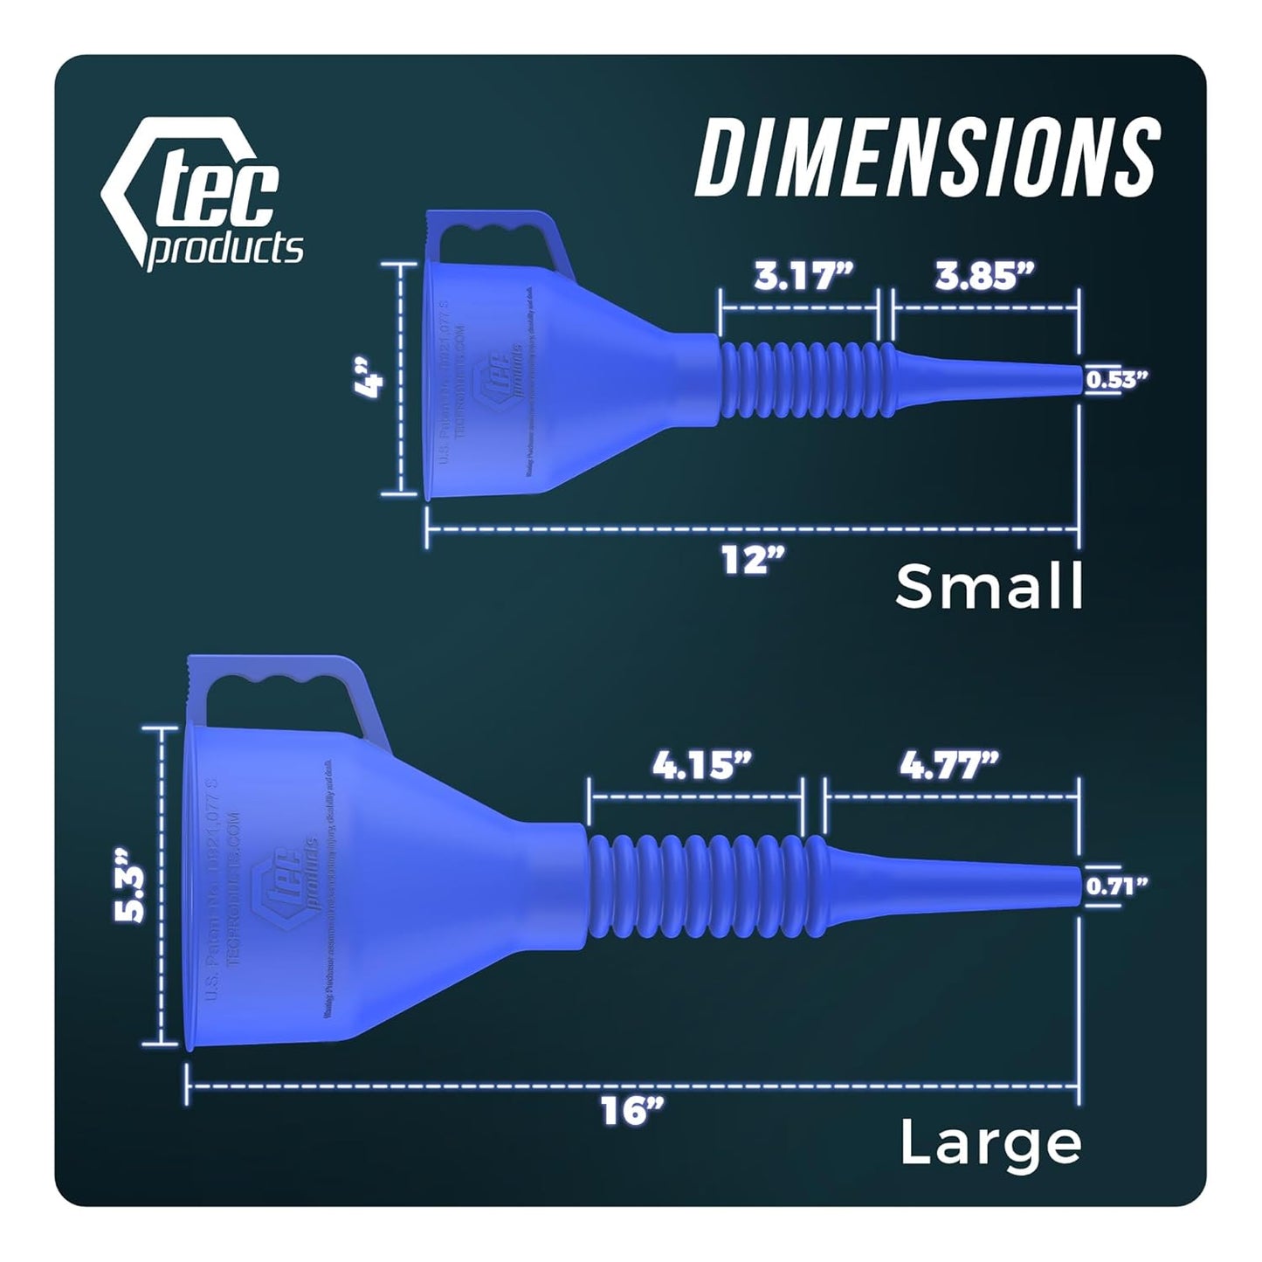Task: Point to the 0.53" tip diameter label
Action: click(x=1115, y=379)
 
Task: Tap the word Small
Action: click(x=989, y=586)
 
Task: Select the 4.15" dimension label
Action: click(x=701, y=766)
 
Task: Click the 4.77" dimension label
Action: click(x=949, y=766)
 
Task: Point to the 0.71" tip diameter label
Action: click(x=1115, y=887)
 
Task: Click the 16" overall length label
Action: click(x=632, y=1112)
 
